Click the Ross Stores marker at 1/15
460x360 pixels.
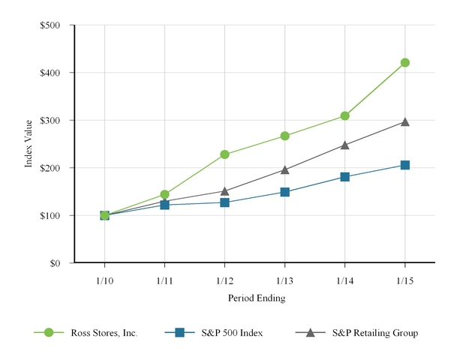[405, 62]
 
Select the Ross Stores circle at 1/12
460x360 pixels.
[224, 154]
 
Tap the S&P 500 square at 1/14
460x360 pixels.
[345, 177]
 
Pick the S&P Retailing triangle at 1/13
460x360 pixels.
[285, 169]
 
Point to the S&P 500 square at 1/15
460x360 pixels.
[405, 165]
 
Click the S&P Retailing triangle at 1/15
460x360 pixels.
[405, 121]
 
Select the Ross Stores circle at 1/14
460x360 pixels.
[345, 115]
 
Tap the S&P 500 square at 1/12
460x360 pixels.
[224, 202]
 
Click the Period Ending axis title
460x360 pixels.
[256, 298]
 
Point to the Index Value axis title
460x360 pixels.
[29, 144]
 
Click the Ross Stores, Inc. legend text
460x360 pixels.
[104, 332]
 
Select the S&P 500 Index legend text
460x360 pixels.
[232, 332]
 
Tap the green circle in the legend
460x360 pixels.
[49, 332]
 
